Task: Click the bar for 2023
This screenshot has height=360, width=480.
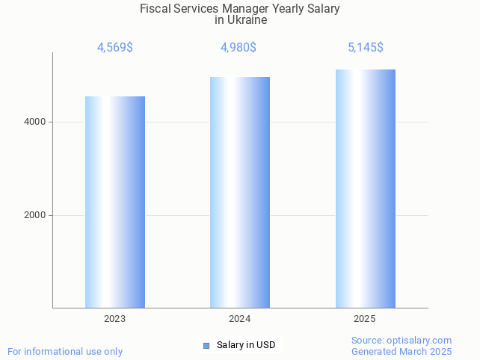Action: point(115,202)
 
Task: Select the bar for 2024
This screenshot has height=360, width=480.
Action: point(240,192)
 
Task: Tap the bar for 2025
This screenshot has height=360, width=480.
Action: point(365,188)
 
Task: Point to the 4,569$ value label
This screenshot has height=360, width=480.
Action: point(115,48)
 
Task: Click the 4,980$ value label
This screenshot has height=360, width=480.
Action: point(239,48)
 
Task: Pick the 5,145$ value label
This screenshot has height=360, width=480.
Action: point(366,48)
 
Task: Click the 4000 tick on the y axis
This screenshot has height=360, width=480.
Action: point(35,122)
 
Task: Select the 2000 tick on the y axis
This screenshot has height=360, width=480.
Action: point(35,215)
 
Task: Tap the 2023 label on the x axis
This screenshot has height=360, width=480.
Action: point(115,319)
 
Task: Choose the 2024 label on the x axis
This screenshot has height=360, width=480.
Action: point(240,319)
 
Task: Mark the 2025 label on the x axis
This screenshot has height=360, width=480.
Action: point(365,319)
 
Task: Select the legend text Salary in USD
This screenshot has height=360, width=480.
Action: point(246,345)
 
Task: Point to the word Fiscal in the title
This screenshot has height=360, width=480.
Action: point(154,9)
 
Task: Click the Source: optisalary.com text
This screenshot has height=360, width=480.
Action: point(401,340)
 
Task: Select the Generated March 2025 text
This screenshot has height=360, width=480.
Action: point(401,351)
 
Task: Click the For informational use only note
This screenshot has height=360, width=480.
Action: point(65,351)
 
